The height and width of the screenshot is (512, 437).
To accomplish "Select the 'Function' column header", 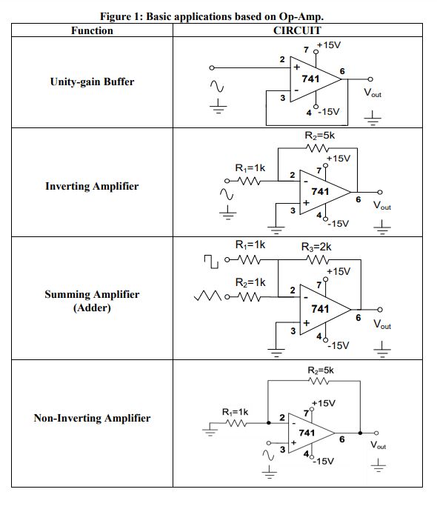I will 92,30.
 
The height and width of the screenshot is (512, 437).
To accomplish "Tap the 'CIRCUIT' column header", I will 297,30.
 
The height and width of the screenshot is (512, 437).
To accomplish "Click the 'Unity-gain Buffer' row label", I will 92,82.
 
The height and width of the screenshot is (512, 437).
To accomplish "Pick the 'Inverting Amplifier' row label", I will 92,186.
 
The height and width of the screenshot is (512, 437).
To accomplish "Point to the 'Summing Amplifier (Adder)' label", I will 92,301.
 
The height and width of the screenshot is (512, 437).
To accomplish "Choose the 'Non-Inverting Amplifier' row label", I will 92,418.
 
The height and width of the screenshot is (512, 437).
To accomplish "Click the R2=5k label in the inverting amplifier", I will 320,136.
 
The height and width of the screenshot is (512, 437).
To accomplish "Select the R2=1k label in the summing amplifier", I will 250,282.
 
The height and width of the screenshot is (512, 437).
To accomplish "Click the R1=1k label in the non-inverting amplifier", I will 236,410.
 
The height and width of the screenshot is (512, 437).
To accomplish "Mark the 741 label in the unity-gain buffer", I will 310,79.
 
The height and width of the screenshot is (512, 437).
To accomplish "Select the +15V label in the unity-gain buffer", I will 328,45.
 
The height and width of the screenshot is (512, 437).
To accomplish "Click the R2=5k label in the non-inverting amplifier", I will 320,370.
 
